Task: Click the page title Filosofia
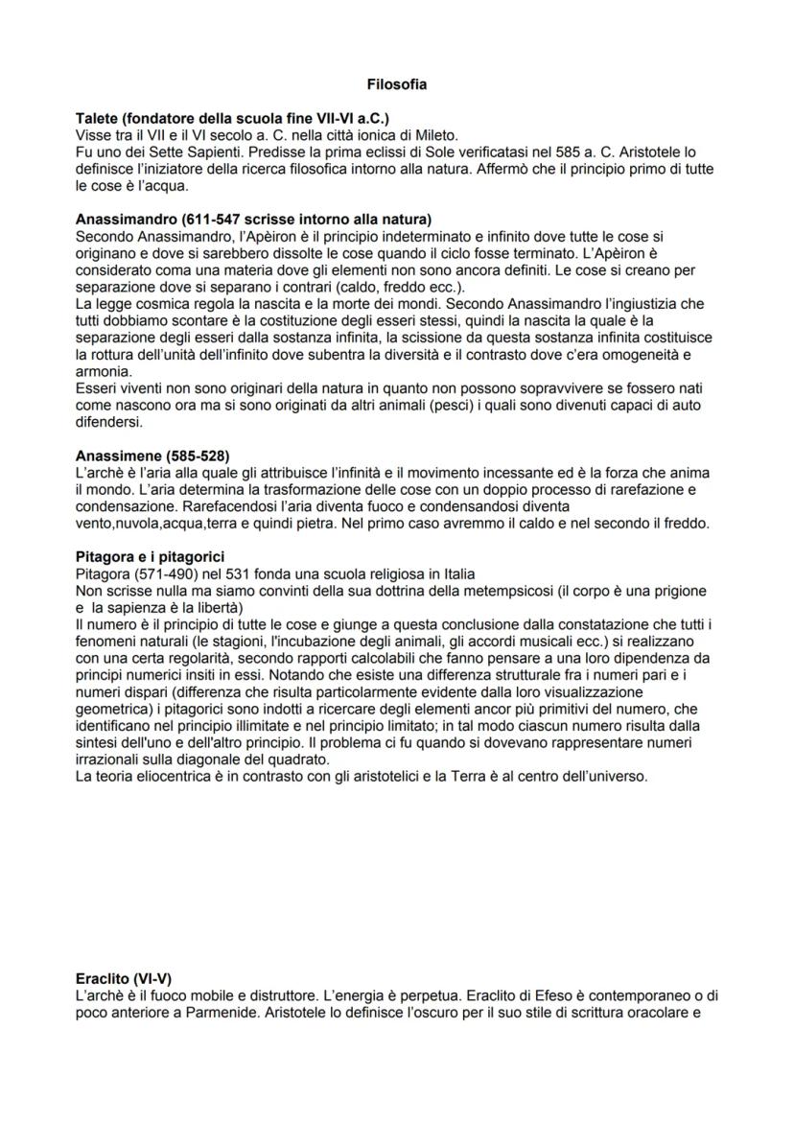coord(396,85)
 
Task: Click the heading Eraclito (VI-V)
coord(124,979)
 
